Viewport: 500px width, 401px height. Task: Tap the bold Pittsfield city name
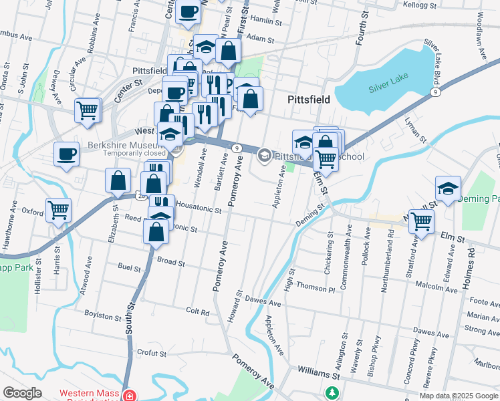(308, 100)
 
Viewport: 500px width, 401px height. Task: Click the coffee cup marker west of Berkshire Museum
(66, 154)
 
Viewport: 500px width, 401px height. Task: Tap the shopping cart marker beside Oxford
(58, 210)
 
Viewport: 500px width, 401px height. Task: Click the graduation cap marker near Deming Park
(448, 188)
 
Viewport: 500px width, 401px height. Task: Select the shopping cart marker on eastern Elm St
(421, 221)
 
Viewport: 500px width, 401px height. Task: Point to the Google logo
(22, 393)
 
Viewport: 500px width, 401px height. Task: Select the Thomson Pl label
(316, 289)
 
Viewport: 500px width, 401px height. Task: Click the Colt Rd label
(198, 311)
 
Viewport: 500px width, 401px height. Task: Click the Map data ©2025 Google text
(459, 396)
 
